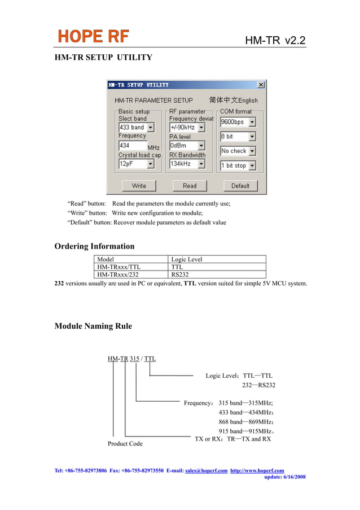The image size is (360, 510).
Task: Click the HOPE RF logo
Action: [x=94, y=37]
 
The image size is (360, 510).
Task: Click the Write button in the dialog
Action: [x=139, y=186]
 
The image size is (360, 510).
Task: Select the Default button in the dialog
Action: [x=240, y=186]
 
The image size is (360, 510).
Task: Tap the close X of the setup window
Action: [x=261, y=85]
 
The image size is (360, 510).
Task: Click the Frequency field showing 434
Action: [x=131, y=145]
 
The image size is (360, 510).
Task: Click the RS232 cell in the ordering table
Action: [x=181, y=275]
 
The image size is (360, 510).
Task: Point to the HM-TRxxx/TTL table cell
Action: [x=119, y=267]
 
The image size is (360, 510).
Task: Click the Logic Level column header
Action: [x=187, y=260]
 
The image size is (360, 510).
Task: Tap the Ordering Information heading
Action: [x=94, y=246]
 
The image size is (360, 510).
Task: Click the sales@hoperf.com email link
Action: [x=206, y=470]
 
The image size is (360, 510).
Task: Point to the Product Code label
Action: [x=125, y=444]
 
